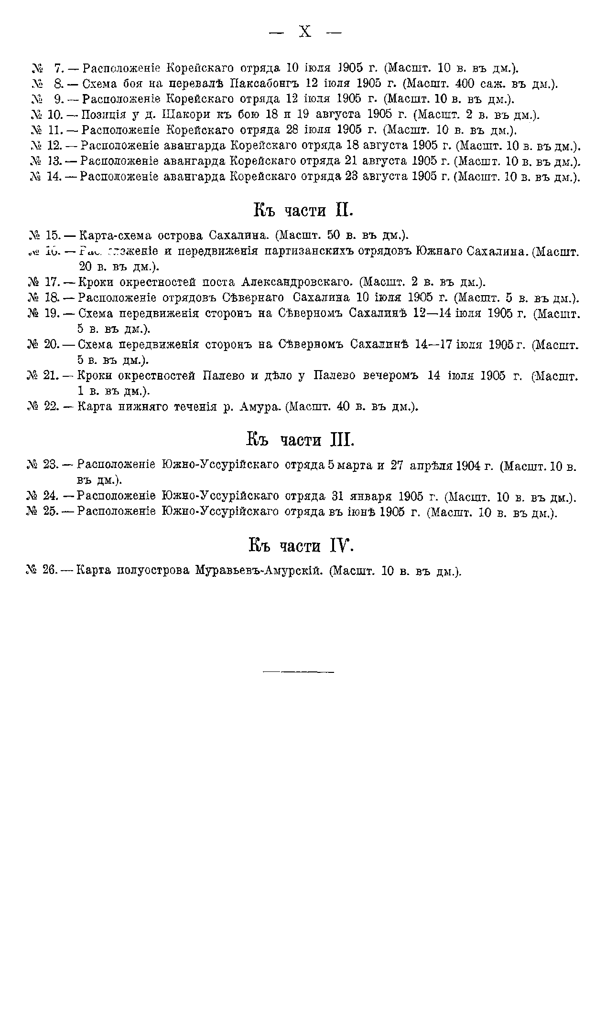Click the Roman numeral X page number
[305, 32]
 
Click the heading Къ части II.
[303, 210]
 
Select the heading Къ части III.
[301, 439]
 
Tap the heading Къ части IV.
[301, 545]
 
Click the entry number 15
[52, 235]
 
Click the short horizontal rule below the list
[298, 672]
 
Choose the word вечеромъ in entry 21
[394, 376]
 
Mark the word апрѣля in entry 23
[431, 465]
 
